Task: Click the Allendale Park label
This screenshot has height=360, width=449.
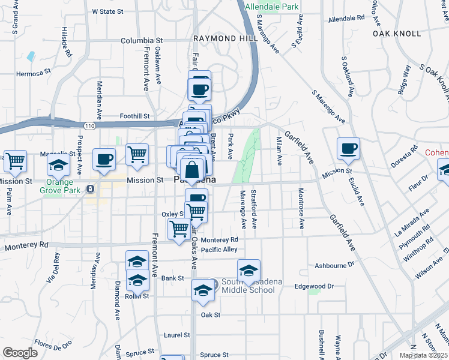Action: point(272,7)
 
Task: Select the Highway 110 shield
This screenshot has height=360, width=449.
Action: point(89,125)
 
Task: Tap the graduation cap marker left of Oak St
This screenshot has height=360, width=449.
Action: point(203,291)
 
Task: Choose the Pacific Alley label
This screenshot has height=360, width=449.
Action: point(220,250)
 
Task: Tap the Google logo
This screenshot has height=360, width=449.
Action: point(20,352)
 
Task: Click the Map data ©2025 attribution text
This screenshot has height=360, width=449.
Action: point(423,355)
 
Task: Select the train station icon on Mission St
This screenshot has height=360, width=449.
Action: point(90,188)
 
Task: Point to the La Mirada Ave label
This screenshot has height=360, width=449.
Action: point(412,223)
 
